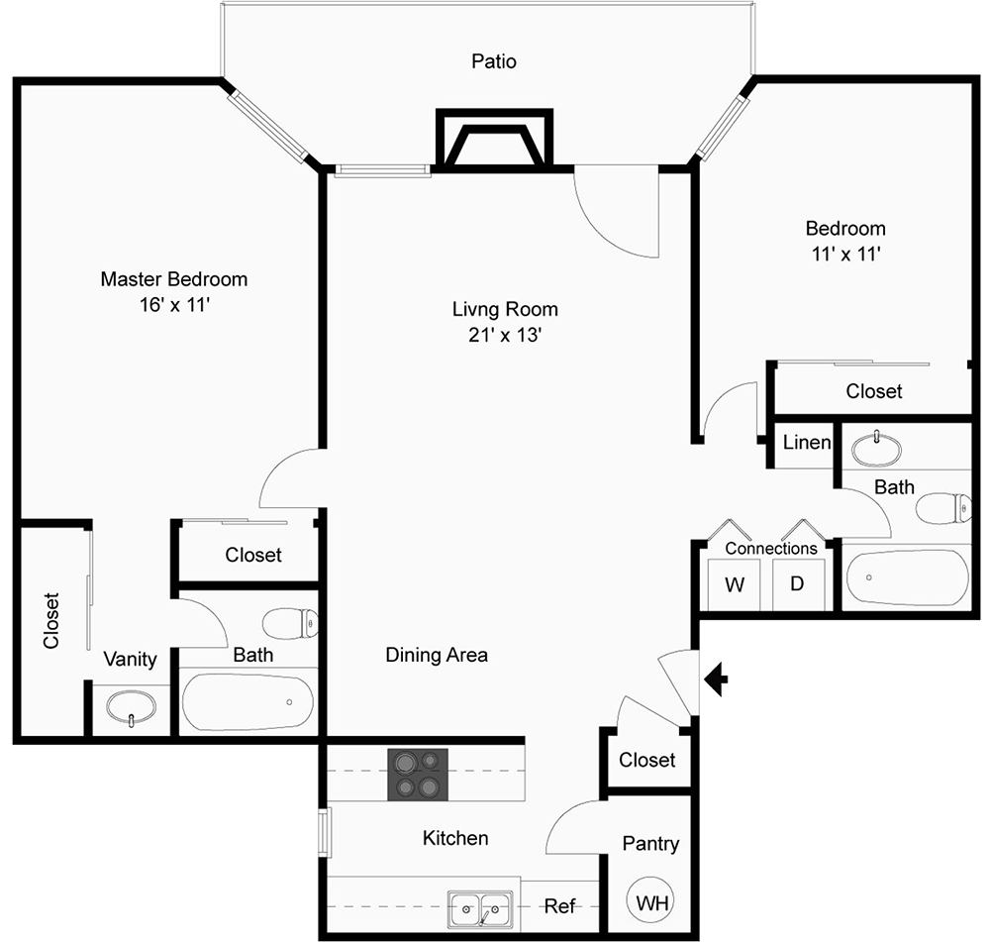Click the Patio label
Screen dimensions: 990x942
pyautogui.click(x=494, y=61)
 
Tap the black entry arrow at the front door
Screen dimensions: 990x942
pyautogui.click(x=716, y=680)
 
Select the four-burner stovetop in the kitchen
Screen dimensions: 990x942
pyautogui.click(x=418, y=775)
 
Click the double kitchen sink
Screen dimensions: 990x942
pyautogui.click(x=480, y=909)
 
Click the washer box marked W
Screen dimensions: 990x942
pyautogui.click(x=734, y=584)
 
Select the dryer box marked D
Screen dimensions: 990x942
pyautogui.click(x=798, y=584)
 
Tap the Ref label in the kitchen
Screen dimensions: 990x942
pyautogui.click(x=559, y=906)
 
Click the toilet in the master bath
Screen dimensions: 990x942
pyautogui.click(x=290, y=624)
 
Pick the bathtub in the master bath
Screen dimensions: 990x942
pyautogui.click(x=247, y=702)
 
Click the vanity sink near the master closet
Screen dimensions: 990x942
pyautogui.click(x=131, y=707)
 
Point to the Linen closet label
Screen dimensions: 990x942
pyautogui.click(x=806, y=442)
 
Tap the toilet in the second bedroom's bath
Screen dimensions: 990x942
pyautogui.click(x=943, y=508)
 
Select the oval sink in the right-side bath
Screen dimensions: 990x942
pyautogui.click(x=876, y=449)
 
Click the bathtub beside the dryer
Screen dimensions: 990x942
pyautogui.click(x=907, y=577)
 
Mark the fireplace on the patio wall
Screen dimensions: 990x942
pyautogui.click(x=494, y=140)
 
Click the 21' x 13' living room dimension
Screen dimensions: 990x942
pyautogui.click(x=505, y=334)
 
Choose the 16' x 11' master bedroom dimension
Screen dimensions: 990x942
pyautogui.click(x=174, y=304)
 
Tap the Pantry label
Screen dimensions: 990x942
pyautogui.click(x=650, y=844)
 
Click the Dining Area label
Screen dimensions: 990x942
pyautogui.click(x=437, y=655)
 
